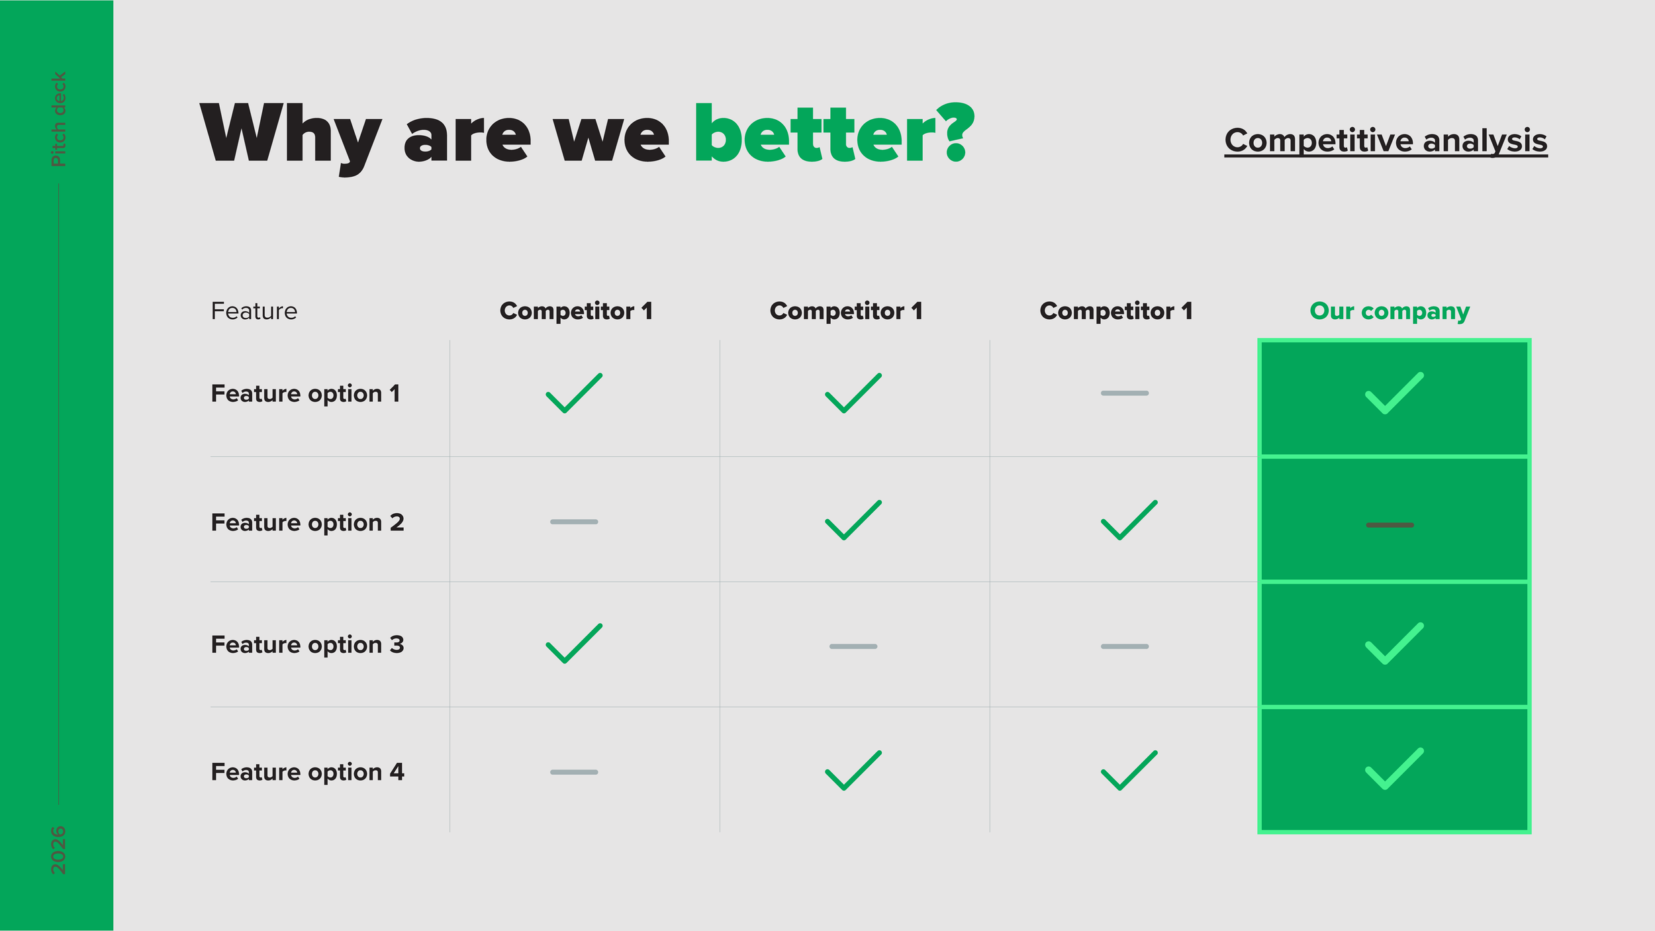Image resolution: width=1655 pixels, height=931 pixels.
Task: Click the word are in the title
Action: (x=467, y=139)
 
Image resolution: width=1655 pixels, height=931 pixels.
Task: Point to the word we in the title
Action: (x=611, y=139)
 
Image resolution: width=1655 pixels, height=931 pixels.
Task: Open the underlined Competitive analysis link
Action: (x=1386, y=140)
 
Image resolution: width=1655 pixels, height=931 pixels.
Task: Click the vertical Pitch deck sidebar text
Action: (x=58, y=119)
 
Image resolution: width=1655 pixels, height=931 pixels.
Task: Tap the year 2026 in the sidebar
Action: (x=58, y=850)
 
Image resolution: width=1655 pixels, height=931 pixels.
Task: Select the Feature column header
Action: (x=254, y=311)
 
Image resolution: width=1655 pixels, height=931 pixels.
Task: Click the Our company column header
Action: (x=1390, y=311)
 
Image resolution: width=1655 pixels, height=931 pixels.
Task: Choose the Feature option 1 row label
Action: (x=305, y=394)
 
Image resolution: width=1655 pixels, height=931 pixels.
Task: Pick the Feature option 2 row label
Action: (x=307, y=523)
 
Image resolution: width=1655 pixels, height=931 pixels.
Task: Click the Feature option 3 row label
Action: (x=307, y=645)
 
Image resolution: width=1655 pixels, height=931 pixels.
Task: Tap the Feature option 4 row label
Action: (x=307, y=772)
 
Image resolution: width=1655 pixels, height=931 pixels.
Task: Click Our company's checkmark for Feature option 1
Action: (x=1394, y=393)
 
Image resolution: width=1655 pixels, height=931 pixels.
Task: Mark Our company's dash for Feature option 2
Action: (x=1390, y=525)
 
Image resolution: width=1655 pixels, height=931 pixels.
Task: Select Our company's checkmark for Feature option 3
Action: (x=1394, y=644)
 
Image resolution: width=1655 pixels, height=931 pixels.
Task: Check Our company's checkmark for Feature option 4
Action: (x=1394, y=769)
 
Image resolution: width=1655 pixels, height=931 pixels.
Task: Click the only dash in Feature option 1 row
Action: (x=1125, y=393)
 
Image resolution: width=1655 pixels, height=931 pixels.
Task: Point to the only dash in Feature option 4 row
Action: (x=574, y=772)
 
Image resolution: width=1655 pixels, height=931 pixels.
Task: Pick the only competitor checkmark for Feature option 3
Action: (x=574, y=644)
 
